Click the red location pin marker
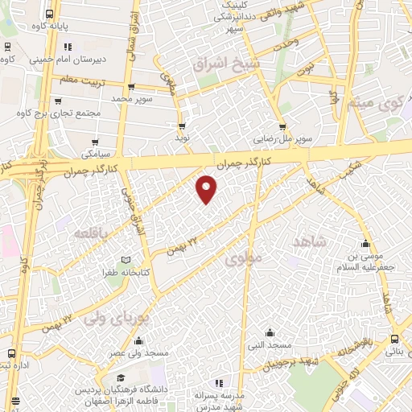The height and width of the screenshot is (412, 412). (208, 188)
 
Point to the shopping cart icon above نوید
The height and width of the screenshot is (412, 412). (182, 126)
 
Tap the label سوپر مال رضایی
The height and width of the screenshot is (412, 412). (281, 138)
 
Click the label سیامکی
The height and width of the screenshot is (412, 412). (96, 152)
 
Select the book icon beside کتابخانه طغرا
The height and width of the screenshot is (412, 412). (124, 260)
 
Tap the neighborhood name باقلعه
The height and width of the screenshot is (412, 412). (90, 233)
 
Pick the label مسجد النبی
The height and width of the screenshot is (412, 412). (270, 344)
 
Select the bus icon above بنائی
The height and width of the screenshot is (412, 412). (394, 340)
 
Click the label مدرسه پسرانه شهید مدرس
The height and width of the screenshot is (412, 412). (218, 401)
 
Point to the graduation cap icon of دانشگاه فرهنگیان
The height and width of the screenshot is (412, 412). (121, 378)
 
